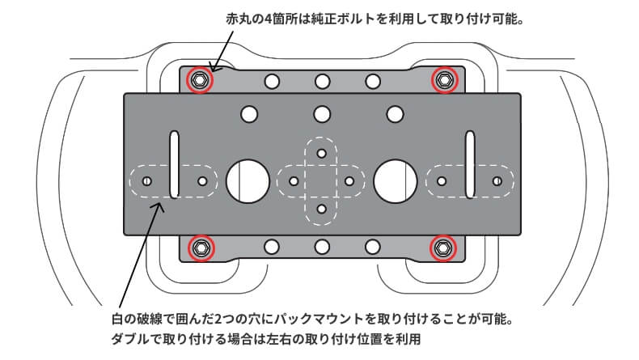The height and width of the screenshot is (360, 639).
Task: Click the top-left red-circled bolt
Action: tap(199, 80)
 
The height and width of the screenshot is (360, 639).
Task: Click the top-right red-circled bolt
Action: tap(443, 79)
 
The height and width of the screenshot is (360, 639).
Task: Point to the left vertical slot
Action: tap(173, 164)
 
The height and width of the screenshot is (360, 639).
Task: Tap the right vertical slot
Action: tap(470, 164)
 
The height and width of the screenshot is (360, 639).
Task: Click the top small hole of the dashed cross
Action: tap(322, 152)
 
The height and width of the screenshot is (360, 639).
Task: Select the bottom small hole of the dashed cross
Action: tap(322, 210)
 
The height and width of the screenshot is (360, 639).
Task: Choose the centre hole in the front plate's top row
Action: tap(322, 113)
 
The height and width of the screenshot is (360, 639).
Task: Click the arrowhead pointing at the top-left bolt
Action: tap(213, 68)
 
